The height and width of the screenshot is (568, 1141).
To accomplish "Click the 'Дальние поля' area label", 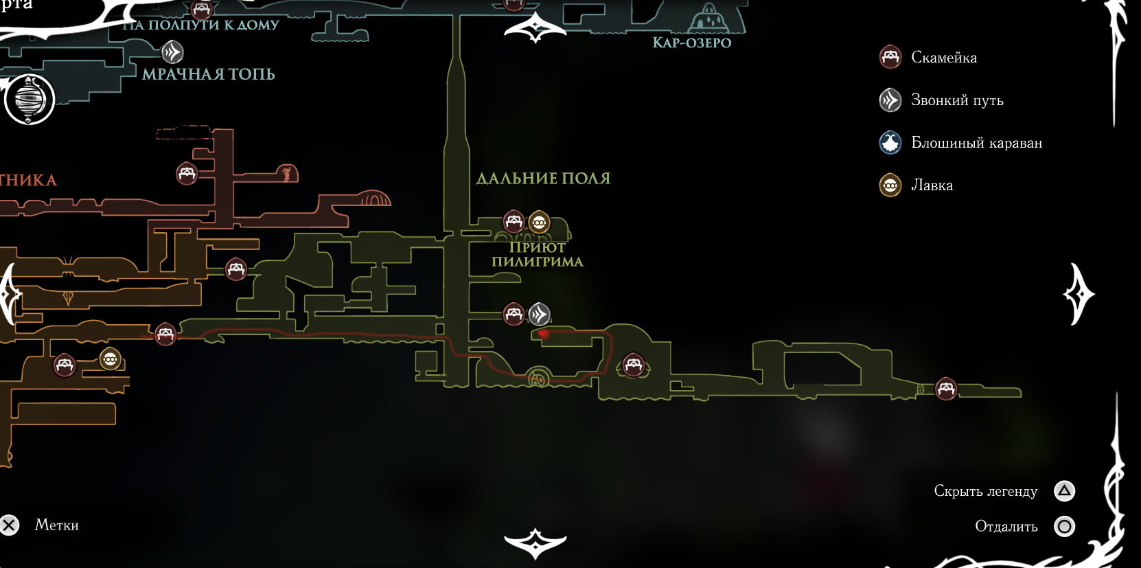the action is pyautogui.click(x=543, y=179).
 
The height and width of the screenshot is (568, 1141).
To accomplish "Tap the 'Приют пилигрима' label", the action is pyautogui.click(x=538, y=255).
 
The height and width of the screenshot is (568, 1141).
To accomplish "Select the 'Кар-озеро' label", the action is pyautogui.click(x=691, y=43).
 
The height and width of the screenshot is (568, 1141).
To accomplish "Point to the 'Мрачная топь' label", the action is pyautogui.click(x=209, y=74).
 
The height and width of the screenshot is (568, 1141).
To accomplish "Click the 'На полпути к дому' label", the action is pyautogui.click(x=201, y=25).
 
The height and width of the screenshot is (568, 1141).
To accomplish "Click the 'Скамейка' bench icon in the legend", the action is pyautogui.click(x=890, y=57).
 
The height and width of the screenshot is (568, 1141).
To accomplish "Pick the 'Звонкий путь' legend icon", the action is pyautogui.click(x=890, y=100).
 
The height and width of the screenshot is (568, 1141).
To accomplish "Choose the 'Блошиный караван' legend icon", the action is pyautogui.click(x=890, y=143).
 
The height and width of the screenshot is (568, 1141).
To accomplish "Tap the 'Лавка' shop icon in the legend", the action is pyautogui.click(x=890, y=185).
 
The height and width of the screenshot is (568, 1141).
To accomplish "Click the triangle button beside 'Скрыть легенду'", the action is pyautogui.click(x=1064, y=490).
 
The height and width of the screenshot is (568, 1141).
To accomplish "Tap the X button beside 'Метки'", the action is pyautogui.click(x=10, y=525).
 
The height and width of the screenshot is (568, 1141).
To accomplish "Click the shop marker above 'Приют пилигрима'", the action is pyautogui.click(x=540, y=222).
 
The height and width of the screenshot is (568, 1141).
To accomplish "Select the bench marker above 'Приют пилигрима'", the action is pyautogui.click(x=514, y=221).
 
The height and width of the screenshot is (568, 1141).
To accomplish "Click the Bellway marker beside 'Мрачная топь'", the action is pyautogui.click(x=172, y=52).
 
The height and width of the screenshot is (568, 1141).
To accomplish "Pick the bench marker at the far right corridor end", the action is pyautogui.click(x=946, y=389).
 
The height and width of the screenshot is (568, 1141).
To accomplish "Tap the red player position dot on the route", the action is pyautogui.click(x=544, y=334).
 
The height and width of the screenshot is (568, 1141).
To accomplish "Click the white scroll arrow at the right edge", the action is pyautogui.click(x=1079, y=294).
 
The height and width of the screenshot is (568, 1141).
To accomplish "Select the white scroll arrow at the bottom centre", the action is pyautogui.click(x=535, y=543).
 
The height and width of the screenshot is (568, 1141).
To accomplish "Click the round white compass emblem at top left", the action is pyautogui.click(x=29, y=100).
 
